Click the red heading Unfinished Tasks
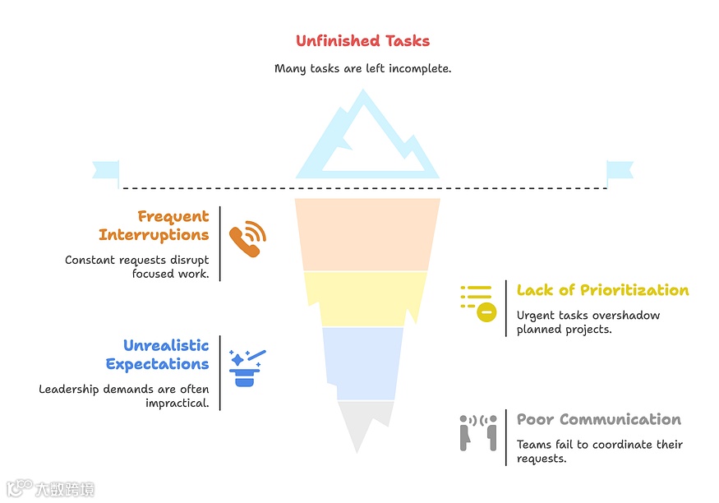pos(362,41)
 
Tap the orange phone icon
pos(247,239)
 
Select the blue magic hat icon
pos(247,367)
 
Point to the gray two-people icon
pos(477,432)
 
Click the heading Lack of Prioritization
pos(602,290)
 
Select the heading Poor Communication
pos(598,420)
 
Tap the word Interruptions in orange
pos(154,235)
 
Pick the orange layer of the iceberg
pos(366,234)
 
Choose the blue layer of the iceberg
pos(362,362)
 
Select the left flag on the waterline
pos(106,172)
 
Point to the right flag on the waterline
pos(620,172)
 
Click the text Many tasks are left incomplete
pos(362,69)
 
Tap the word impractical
pos(177,404)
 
